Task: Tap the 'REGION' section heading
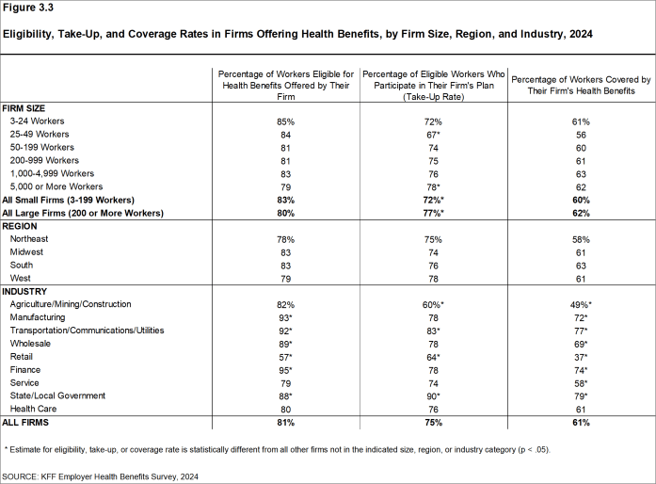tap(21, 227)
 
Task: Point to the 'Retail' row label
tap(22, 357)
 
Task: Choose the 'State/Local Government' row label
tap(59, 395)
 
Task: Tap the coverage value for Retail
tap(581, 357)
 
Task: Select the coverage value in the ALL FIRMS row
tap(581, 423)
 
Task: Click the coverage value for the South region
tap(581, 266)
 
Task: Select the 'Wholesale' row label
tap(31, 344)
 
